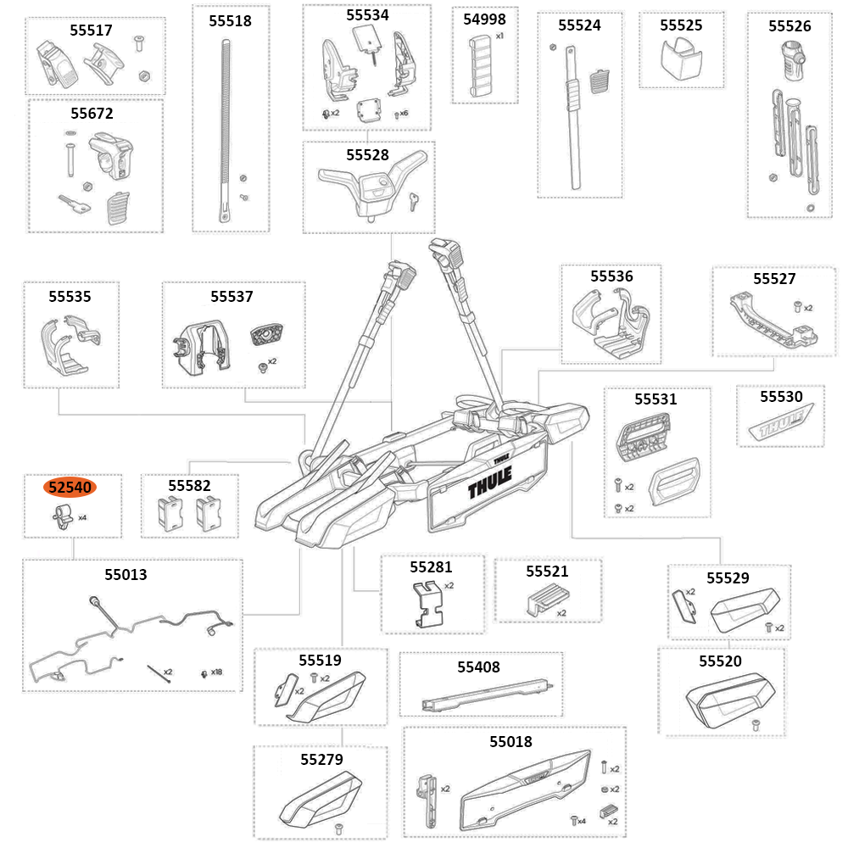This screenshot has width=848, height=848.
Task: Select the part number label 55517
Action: (x=91, y=30)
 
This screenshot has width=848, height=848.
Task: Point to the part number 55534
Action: (x=367, y=15)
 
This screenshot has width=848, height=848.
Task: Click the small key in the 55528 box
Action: (x=413, y=200)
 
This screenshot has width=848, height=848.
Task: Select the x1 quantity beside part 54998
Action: (x=499, y=36)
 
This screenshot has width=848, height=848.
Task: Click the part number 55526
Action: (x=789, y=26)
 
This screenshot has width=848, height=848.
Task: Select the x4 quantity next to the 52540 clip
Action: (x=82, y=517)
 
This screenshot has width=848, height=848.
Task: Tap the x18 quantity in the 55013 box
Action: (x=216, y=672)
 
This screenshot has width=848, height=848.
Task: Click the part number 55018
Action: (x=510, y=742)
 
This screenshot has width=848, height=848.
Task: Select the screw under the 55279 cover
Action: (x=337, y=827)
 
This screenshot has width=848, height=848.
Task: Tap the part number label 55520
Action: (x=720, y=661)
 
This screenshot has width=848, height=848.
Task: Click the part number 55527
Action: (x=774, y=279)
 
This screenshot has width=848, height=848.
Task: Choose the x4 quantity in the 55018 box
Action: (x=581, y=821)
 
